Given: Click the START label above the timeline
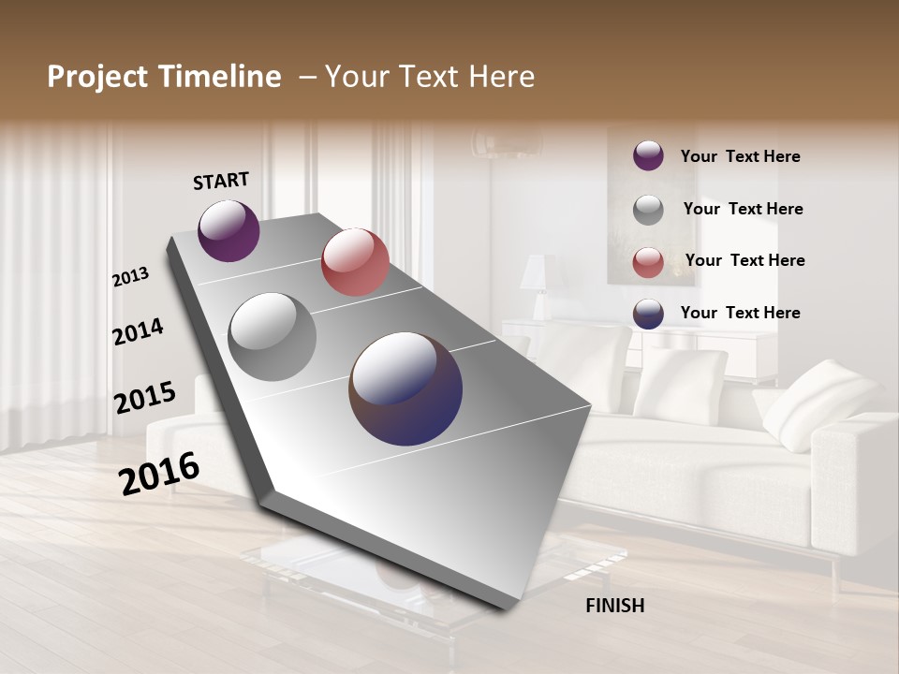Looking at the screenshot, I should coord(221,181).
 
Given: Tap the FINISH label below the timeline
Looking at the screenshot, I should coord(615,606).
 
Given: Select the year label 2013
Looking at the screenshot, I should coord(131,277).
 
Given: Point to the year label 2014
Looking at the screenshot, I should coord(139,331).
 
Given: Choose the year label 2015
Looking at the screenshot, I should coord(145,398).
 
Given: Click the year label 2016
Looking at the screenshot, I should coord(159,474).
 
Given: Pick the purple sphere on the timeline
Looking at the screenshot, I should coord(228,230).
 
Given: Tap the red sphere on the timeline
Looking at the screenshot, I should coord(355,262).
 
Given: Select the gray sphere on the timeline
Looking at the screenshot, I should coord(273,337).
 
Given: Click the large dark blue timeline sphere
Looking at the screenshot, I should coord(405,388).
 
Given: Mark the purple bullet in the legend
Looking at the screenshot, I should coord(648,156).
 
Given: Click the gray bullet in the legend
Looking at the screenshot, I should coord(648,210).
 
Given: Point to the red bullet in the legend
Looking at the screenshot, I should coord(648,262).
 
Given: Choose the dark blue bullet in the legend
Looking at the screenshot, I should coord(648,314).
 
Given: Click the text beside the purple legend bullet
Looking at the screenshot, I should coord(740,157).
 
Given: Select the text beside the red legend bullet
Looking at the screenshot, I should coord(744,260).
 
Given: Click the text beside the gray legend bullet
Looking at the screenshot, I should coord(743,209).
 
